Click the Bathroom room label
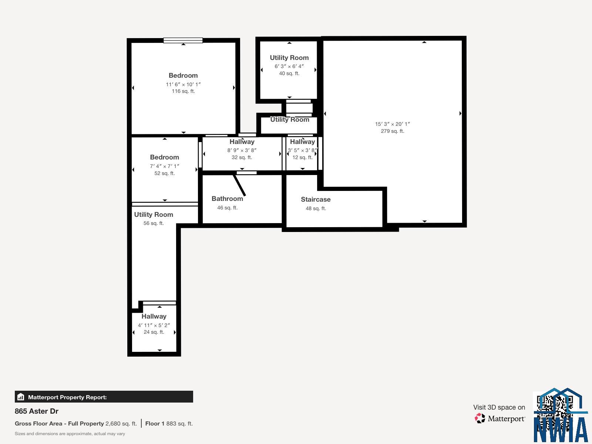point(227,199)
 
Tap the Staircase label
point(316,199)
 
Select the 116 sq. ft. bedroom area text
point(183,91)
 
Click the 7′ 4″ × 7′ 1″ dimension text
point(164,166)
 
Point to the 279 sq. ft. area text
point(393,131)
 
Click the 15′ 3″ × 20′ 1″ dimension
point(393,124)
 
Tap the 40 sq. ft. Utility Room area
point(289,73)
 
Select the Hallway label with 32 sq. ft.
point(242,142)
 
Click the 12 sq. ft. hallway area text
point(302,157)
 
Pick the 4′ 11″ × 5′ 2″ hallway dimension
point(154,325)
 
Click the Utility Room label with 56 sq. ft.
point(154,215)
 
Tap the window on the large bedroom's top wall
point(183,40)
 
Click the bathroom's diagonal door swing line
point(239,185)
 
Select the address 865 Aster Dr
point(36,411)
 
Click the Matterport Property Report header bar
point(104,397)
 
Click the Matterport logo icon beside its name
point(480,418)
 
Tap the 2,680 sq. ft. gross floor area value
point(121,424)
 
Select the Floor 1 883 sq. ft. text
point(169,424)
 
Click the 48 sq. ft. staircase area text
point(316,208)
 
